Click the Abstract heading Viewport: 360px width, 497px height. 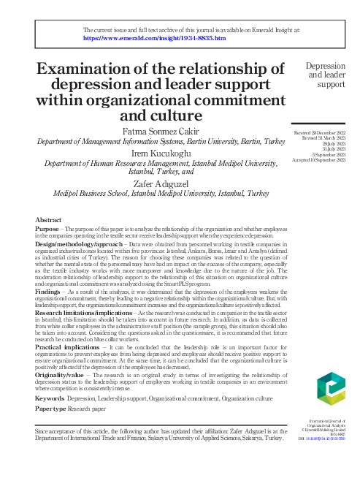(x=48, y=219)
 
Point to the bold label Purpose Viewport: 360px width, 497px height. (x=47, y=229)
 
